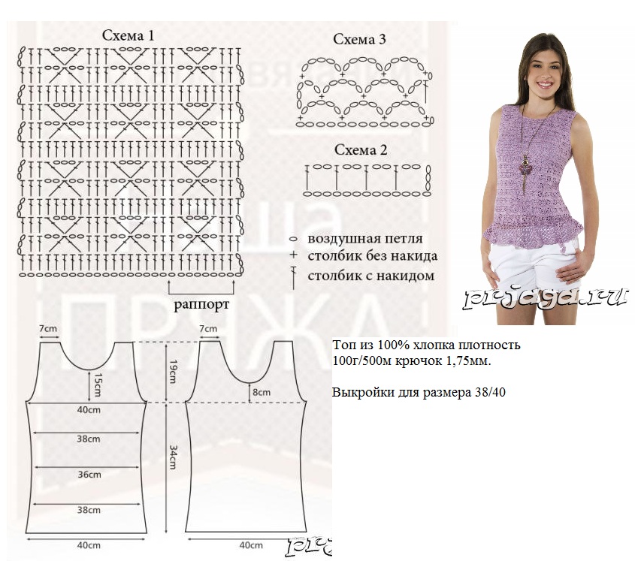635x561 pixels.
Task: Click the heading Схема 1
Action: pyautogui.click(x=129, y=35)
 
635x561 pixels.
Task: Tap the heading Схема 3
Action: pyautogui.click(x=359, y=39)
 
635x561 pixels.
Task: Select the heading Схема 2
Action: pyautogui.click(x=360, y=149)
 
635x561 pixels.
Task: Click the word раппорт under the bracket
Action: pyautogui.click(x=201, y=305)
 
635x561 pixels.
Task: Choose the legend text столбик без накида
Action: pyautogui.click(x=373, y=257)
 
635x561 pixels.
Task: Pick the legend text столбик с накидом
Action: pyautogui.click(x=370, y=276)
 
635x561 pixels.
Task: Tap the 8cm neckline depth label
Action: pyautogui.click(x=260, y=391)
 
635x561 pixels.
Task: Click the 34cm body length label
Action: pyautogui.click(x=173, y=455)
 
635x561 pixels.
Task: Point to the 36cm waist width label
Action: pyautogui.click(x=89, y=474)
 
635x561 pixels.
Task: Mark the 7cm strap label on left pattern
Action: pyautogui.click(x=48, y=329)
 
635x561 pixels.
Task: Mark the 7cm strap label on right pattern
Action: pyautogui.click(x=208, y=329)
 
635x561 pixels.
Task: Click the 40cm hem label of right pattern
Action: pyautogui.click(x=250, y=544)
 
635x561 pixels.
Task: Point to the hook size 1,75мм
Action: pyautogui.click(x=465, y=362)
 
